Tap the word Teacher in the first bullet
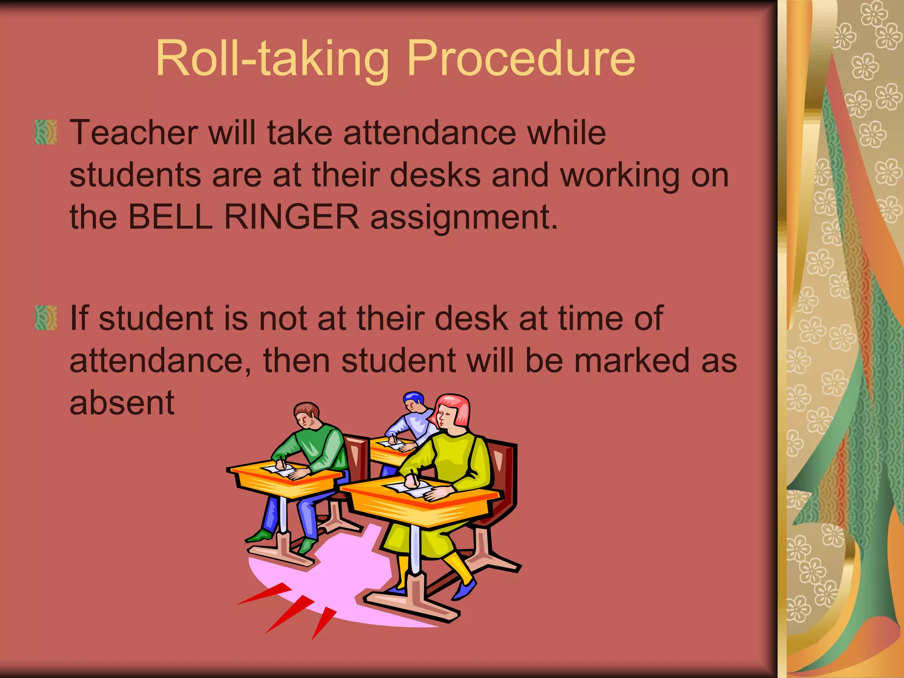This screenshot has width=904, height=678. [134, 132]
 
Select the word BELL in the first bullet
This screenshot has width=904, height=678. [170, 217]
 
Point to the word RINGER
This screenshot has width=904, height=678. [292, 217]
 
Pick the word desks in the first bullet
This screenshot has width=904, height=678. [435, 175]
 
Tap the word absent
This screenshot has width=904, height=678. [122, 403]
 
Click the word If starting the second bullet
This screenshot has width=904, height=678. [79, 318]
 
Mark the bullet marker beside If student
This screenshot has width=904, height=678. [46, 318]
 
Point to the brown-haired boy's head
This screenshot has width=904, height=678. [306, 413]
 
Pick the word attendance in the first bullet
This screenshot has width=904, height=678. [430, 132]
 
